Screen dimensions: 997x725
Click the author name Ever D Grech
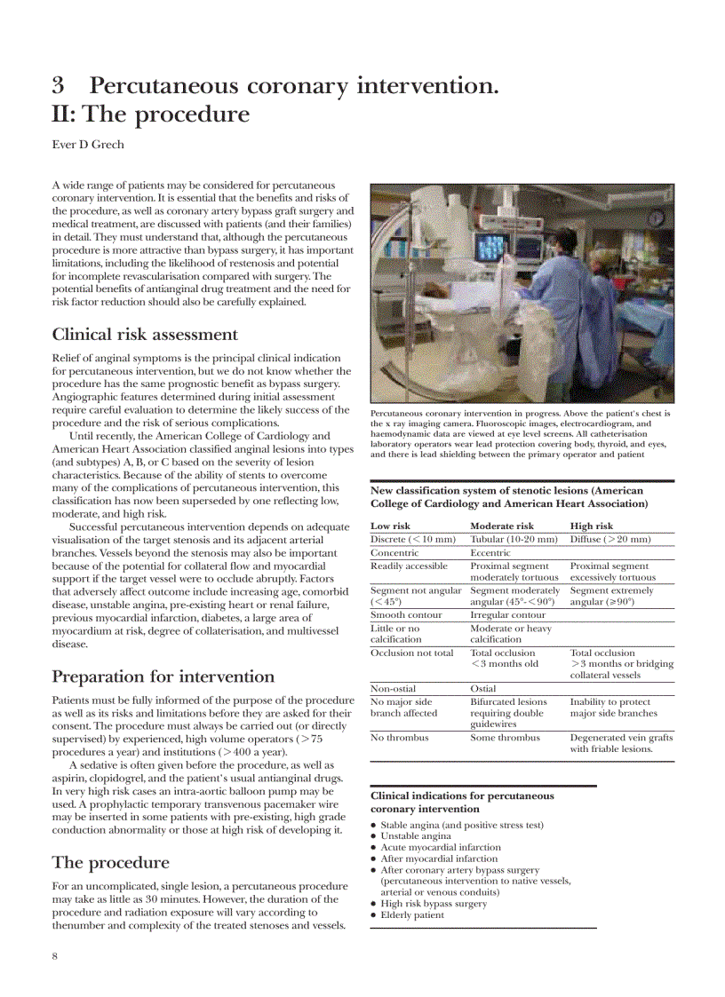87,146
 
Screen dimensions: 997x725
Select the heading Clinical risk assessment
145,335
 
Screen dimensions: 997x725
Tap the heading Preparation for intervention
163,677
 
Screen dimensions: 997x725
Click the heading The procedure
110,862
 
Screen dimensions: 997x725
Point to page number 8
55,955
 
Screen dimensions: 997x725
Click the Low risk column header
390,526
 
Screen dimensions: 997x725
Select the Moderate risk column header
502,526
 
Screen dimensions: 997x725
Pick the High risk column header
591,526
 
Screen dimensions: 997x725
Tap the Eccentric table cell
490,553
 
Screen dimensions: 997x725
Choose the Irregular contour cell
507,614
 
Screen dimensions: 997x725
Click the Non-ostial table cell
393,688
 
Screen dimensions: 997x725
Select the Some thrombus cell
505,737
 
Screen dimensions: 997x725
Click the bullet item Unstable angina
416,836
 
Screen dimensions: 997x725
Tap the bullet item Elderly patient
412,915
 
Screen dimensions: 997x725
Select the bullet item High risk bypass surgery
434,904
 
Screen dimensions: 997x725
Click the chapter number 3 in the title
58,86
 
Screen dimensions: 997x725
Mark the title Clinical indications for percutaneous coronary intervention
462,803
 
